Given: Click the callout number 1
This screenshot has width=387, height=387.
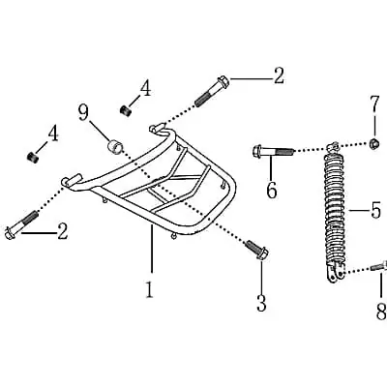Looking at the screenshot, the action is click(149, 289).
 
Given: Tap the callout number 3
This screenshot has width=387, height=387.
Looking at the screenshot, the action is click(261, 303).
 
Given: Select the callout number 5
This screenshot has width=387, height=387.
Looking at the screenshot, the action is click(375, 210).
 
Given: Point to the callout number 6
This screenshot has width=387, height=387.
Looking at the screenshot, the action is click(272, 190).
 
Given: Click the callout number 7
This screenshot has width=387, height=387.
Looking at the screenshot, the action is click(374, 104).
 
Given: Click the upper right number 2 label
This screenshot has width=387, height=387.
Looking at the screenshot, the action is click(279, 75).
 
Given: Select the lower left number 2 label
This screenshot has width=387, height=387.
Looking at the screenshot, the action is click(63, 231).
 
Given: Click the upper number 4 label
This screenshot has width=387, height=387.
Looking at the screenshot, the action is click(145, 88).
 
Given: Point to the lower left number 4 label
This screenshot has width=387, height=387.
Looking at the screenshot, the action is click(53, 134).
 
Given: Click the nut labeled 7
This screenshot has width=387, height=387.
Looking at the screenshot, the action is click(374, 143).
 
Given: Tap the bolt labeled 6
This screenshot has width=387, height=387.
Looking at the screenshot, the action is click(273, 151).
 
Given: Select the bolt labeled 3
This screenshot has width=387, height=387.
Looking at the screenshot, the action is click(257, 250).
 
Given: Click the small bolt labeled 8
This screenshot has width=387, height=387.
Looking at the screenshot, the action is click(378, 266).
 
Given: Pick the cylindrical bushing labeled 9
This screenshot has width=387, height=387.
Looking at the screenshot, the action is click(114, 146).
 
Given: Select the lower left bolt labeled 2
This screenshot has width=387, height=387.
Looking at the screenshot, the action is click(22, 224).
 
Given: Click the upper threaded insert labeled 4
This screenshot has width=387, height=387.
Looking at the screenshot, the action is click(125, 109).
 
